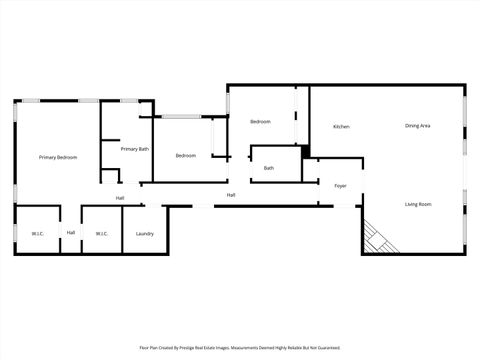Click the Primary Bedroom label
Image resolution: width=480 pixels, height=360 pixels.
[58, 158]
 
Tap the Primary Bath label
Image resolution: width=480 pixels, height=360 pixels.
[135, 149]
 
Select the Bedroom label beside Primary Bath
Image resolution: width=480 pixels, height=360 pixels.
[186, 155]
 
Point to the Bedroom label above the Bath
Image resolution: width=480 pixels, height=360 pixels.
[260, 122]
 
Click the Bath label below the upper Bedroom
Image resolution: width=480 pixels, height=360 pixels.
[269, 168]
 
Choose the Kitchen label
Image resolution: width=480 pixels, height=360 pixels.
[341, 126]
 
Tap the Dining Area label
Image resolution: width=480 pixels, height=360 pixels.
[418, 125]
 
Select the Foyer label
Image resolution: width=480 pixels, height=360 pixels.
[340, 185]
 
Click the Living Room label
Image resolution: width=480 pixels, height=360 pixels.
[418, 204]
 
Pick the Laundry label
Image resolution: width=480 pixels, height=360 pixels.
[145, 233]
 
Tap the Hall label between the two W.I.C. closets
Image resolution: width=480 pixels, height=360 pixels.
[71, 233]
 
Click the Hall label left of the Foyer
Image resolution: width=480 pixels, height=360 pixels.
[231, 195]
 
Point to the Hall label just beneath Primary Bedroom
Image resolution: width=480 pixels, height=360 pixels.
[120, 198]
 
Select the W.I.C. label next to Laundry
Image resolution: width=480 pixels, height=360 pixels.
[101, 233]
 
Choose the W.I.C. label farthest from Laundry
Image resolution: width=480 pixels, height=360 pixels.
[37, 233]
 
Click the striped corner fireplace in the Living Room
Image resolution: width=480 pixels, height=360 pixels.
[378, 238]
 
